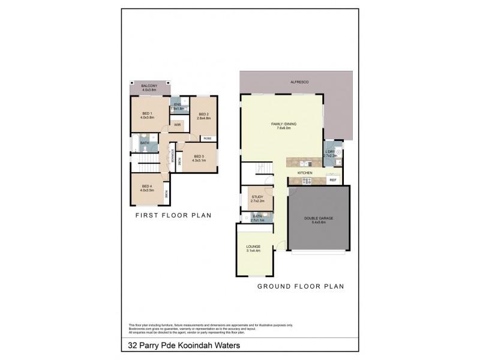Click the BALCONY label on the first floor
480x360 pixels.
coord(149,86)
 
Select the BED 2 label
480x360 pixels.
coord(203,114)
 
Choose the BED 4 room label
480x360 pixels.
coord(148,187)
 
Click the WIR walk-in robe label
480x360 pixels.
coord(178,125)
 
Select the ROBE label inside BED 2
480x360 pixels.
coord(208,139)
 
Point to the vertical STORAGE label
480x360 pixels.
coord(172,155)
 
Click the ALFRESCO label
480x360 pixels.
coord(299,81)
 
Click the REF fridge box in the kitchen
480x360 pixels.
coord(333,180)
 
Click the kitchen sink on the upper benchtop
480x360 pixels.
coord(304,162)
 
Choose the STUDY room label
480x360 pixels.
coord(257,196)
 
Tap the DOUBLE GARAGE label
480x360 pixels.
coord(320,218)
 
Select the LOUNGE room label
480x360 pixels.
coord(253,246)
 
